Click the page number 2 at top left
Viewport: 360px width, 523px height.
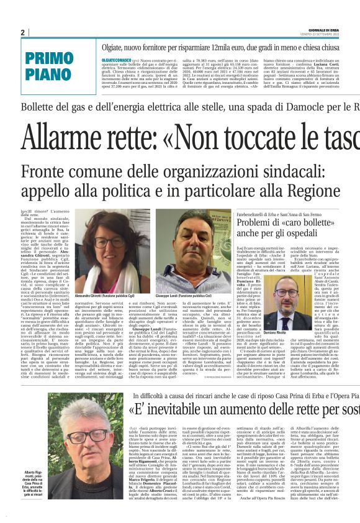point(22,32)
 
